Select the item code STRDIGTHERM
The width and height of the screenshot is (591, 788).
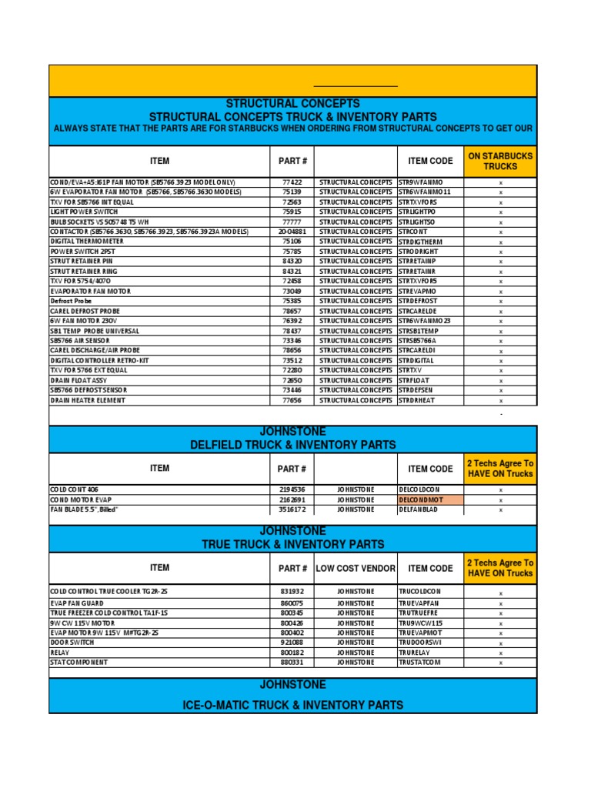coord(421,242)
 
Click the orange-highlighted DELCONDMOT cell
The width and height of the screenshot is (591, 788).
coord(420,499)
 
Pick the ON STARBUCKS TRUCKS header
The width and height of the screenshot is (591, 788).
coord(500,161)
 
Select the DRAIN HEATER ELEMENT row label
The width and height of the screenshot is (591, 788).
coord(88,400)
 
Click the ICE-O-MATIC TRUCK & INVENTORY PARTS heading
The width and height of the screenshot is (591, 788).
coord(292,705)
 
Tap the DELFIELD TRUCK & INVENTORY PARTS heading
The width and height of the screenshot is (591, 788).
coord(292,445)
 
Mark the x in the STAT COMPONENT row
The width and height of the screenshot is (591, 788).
coord(500,663)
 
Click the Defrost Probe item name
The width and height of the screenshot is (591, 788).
coord(72,302)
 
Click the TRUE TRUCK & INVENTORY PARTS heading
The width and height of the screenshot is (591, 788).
coord(292,544)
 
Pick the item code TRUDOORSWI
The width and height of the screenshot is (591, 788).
coord(420,643)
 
